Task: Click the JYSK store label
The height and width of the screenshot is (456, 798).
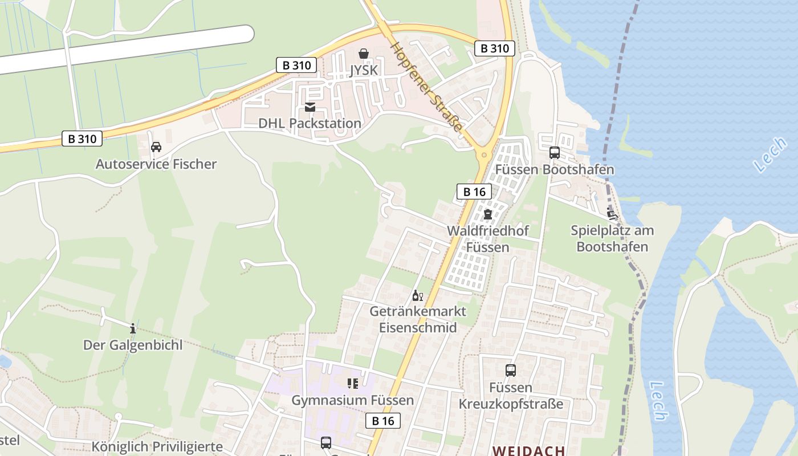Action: pyautogui.click(x=364, y=70)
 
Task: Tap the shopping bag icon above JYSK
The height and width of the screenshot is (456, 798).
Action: pyautogui.click(x=364, y=54)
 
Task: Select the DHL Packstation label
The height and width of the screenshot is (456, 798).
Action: pyautogui.click(x=310, y=123)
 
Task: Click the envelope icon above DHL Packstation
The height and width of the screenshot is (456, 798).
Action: pyautogui.click(x=310, y=107)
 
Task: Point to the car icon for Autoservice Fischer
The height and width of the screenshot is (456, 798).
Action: pyautogui.click(x=156, y=147)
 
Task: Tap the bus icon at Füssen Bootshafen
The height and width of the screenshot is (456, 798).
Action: pyautogui.click(x=554, y=153)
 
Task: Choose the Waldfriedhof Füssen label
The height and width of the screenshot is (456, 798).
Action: pyautogui.click(x=487, y=239)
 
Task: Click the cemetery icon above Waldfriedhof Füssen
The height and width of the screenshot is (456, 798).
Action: pyautogui.click(x=487, y=215)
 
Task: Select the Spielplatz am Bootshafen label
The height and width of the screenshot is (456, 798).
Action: pyautogui.click(x=612, y=239)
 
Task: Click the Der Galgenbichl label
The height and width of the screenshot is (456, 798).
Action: pyautogui.click(x=133, y=345)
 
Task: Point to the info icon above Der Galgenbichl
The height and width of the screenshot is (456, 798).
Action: pyautogui.click(x=133, y=328)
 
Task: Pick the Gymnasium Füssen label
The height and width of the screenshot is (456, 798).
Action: pyautogui.click(x=352, y=400)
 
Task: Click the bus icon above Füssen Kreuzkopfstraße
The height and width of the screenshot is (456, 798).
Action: pyautogui.click(x=511, y=370)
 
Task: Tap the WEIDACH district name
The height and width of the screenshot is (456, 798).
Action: pyautogui.click(x=528, y=450)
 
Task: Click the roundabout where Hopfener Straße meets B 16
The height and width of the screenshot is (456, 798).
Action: pyautogui.click(x=484, y=154)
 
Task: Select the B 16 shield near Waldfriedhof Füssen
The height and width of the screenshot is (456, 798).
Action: pyautogui.click(x=474, y=192)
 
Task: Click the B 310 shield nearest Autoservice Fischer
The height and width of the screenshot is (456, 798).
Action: pyautogui.click(x=82, y=139)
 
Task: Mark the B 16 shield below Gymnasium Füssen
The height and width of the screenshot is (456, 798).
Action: pyautogui.click(x=382, y=421)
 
